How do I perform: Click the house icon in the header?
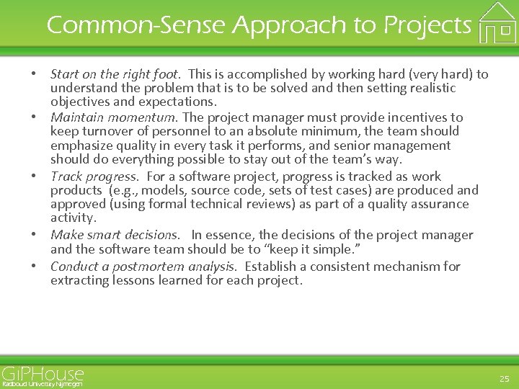(x=497, y=22)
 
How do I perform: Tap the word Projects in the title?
(x=427, y=25)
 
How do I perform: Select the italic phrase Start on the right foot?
(x=115, y=74)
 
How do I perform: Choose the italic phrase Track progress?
(x=94, y=176)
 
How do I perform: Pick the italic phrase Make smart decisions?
(x=115, y=236)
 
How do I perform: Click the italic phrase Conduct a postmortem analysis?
(x=143, y=267)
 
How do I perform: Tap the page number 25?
(x=504, y=377)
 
